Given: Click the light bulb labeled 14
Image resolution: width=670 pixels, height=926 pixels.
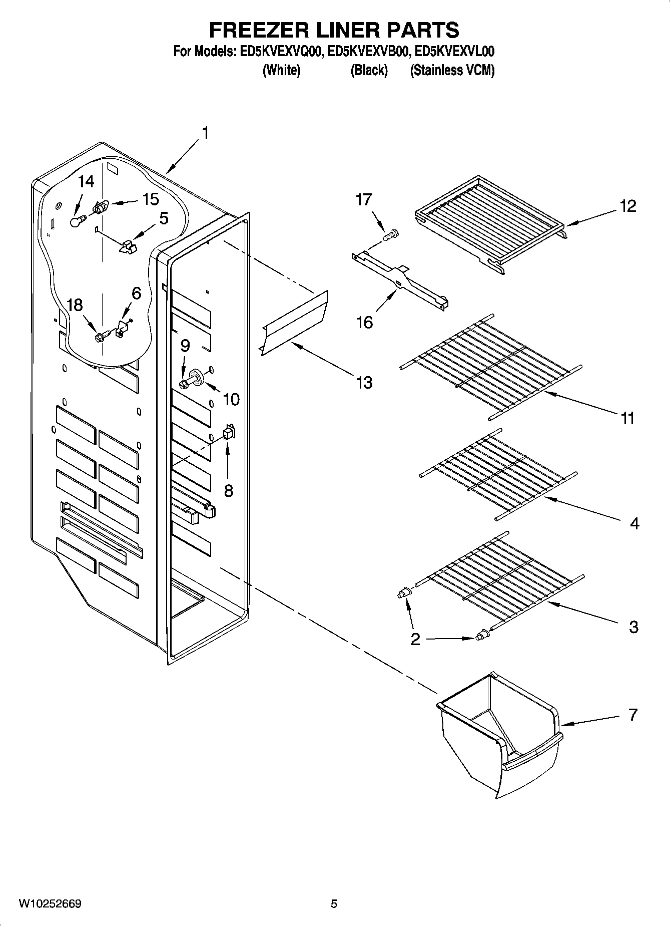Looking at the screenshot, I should click(x=76, y=221).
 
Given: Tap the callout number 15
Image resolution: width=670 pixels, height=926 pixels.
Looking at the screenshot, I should click(x=150, y=199).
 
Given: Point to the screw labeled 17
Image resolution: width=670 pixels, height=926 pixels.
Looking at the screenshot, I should click(x=391, y=234).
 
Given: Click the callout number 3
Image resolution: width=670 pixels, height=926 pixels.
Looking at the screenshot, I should click(x=633, y=627).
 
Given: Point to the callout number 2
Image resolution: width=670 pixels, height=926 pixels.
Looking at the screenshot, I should click(x=415, y=640).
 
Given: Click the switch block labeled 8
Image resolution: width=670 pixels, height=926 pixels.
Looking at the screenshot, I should click(x=229, y=433).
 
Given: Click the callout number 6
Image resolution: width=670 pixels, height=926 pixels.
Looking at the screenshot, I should click(x=136, y=293).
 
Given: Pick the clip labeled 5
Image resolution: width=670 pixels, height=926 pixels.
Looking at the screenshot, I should click(x=129, y=245).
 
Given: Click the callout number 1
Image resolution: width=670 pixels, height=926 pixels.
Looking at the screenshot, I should click(x=205, y=133).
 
